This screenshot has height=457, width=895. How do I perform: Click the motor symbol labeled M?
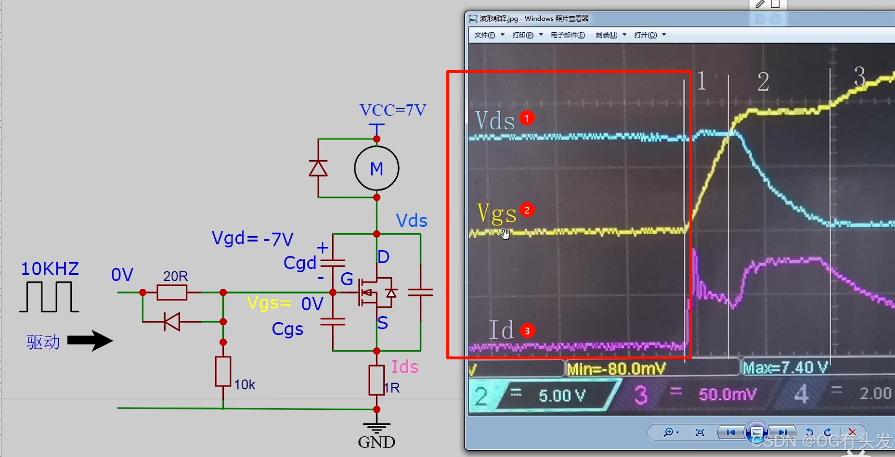[x=376, y=168]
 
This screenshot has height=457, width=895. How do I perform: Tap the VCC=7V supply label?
[x=392, y=110]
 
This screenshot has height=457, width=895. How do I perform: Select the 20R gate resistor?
[x=172, y=292]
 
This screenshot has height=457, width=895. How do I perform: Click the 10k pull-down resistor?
[x=223, y=371]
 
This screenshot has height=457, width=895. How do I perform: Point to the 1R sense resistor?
[x=376, y=380]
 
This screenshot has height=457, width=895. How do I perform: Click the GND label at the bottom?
[x=376, y=442]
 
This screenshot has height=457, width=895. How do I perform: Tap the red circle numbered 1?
[x=527, y=118]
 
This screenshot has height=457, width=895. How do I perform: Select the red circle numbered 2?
[x=527, y=210]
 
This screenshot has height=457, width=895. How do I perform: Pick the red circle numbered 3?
[x=527, y=331]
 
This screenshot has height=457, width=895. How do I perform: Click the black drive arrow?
[x=90, y=341]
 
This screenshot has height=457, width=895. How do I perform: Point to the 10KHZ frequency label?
[x=50, y=269]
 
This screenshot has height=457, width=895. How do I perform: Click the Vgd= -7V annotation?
[x=252, y=238]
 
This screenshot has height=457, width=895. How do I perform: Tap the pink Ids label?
[x=404, y=367]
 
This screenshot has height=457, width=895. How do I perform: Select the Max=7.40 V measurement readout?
[x=785, y=368]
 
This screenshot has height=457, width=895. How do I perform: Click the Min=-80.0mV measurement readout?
[x=616, y=369]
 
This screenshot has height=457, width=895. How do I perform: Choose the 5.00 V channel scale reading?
[x=562, y=395]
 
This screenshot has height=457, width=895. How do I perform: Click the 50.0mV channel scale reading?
[x=727, y=394]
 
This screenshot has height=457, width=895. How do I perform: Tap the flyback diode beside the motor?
[x=318, y=168]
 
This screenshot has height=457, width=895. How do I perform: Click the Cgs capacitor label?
[x=287, y=329]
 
